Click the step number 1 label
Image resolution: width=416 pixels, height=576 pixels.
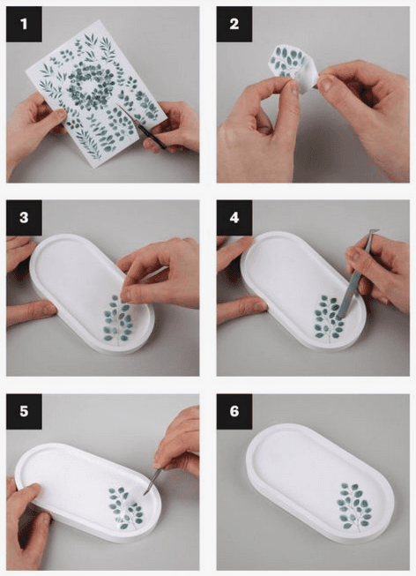(24, 24)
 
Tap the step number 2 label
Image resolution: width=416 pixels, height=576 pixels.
(234, 24)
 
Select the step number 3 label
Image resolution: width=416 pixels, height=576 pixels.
(24, 218)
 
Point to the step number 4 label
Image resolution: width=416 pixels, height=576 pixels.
(234, 218)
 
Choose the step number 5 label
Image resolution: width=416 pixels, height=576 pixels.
(24, 411)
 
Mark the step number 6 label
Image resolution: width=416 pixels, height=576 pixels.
(234, 411)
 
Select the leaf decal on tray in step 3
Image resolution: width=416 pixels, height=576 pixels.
(117, 318)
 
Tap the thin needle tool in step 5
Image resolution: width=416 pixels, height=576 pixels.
(153, 480)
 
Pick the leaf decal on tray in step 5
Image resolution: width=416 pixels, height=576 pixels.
(126, 508)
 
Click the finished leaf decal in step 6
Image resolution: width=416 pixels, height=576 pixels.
(354, 506)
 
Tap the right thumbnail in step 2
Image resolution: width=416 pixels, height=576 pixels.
(326, 84)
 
